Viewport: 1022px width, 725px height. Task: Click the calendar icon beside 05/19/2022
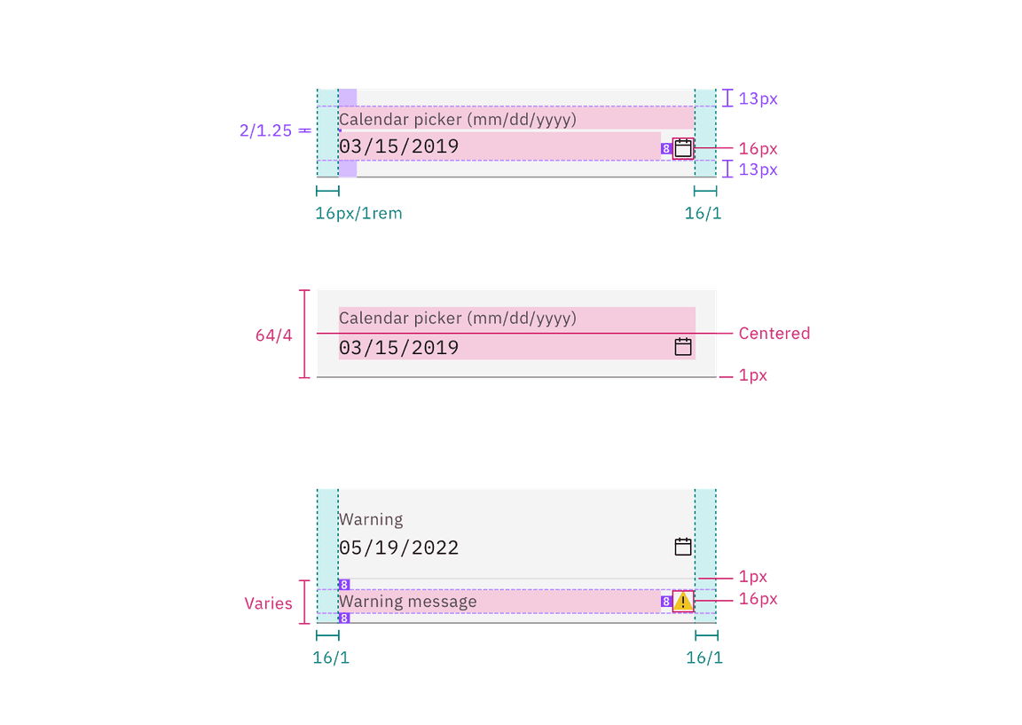tap(683, 547)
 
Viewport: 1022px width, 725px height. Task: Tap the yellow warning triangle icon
tap(683, 602)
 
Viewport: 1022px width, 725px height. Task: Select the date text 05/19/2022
tap(399, 548)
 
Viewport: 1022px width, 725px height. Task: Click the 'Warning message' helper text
tap(408, 602)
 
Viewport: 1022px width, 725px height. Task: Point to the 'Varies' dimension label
tap(268, 603)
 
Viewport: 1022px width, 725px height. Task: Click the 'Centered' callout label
tap(774, 333)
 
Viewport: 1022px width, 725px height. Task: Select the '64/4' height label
tap(273, 335)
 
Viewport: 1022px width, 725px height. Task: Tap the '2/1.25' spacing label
tap(265, 131)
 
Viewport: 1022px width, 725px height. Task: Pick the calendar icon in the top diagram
tap(683, 148)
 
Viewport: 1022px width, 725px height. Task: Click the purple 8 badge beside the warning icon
tap(665, 602)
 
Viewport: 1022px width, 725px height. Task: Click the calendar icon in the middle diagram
tap(683, 347)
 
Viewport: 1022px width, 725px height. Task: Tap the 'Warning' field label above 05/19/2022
tap(371, 519)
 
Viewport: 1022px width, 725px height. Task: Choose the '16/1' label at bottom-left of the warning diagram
tap(330, 658)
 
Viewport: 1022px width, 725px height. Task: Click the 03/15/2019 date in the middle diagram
tap(399, 348)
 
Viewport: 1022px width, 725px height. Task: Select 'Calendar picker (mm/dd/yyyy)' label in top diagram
tap(458, 119)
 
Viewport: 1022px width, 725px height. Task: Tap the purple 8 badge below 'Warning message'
tap(344, 618)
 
